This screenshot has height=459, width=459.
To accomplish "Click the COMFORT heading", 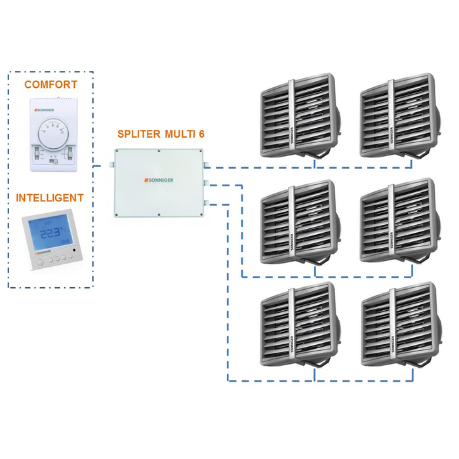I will [50, 85].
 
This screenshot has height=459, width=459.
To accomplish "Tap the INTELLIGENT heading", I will [50, 197].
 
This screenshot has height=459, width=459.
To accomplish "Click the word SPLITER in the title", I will [139, 133].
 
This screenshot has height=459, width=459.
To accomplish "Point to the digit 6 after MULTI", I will [202, 133].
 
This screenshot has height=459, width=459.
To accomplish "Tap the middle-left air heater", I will [298, 223].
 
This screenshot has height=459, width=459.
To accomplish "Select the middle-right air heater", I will [399, 223].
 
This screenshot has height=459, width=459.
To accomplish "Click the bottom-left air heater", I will [298, 325].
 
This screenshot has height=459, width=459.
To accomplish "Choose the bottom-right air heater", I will [399, 325].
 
